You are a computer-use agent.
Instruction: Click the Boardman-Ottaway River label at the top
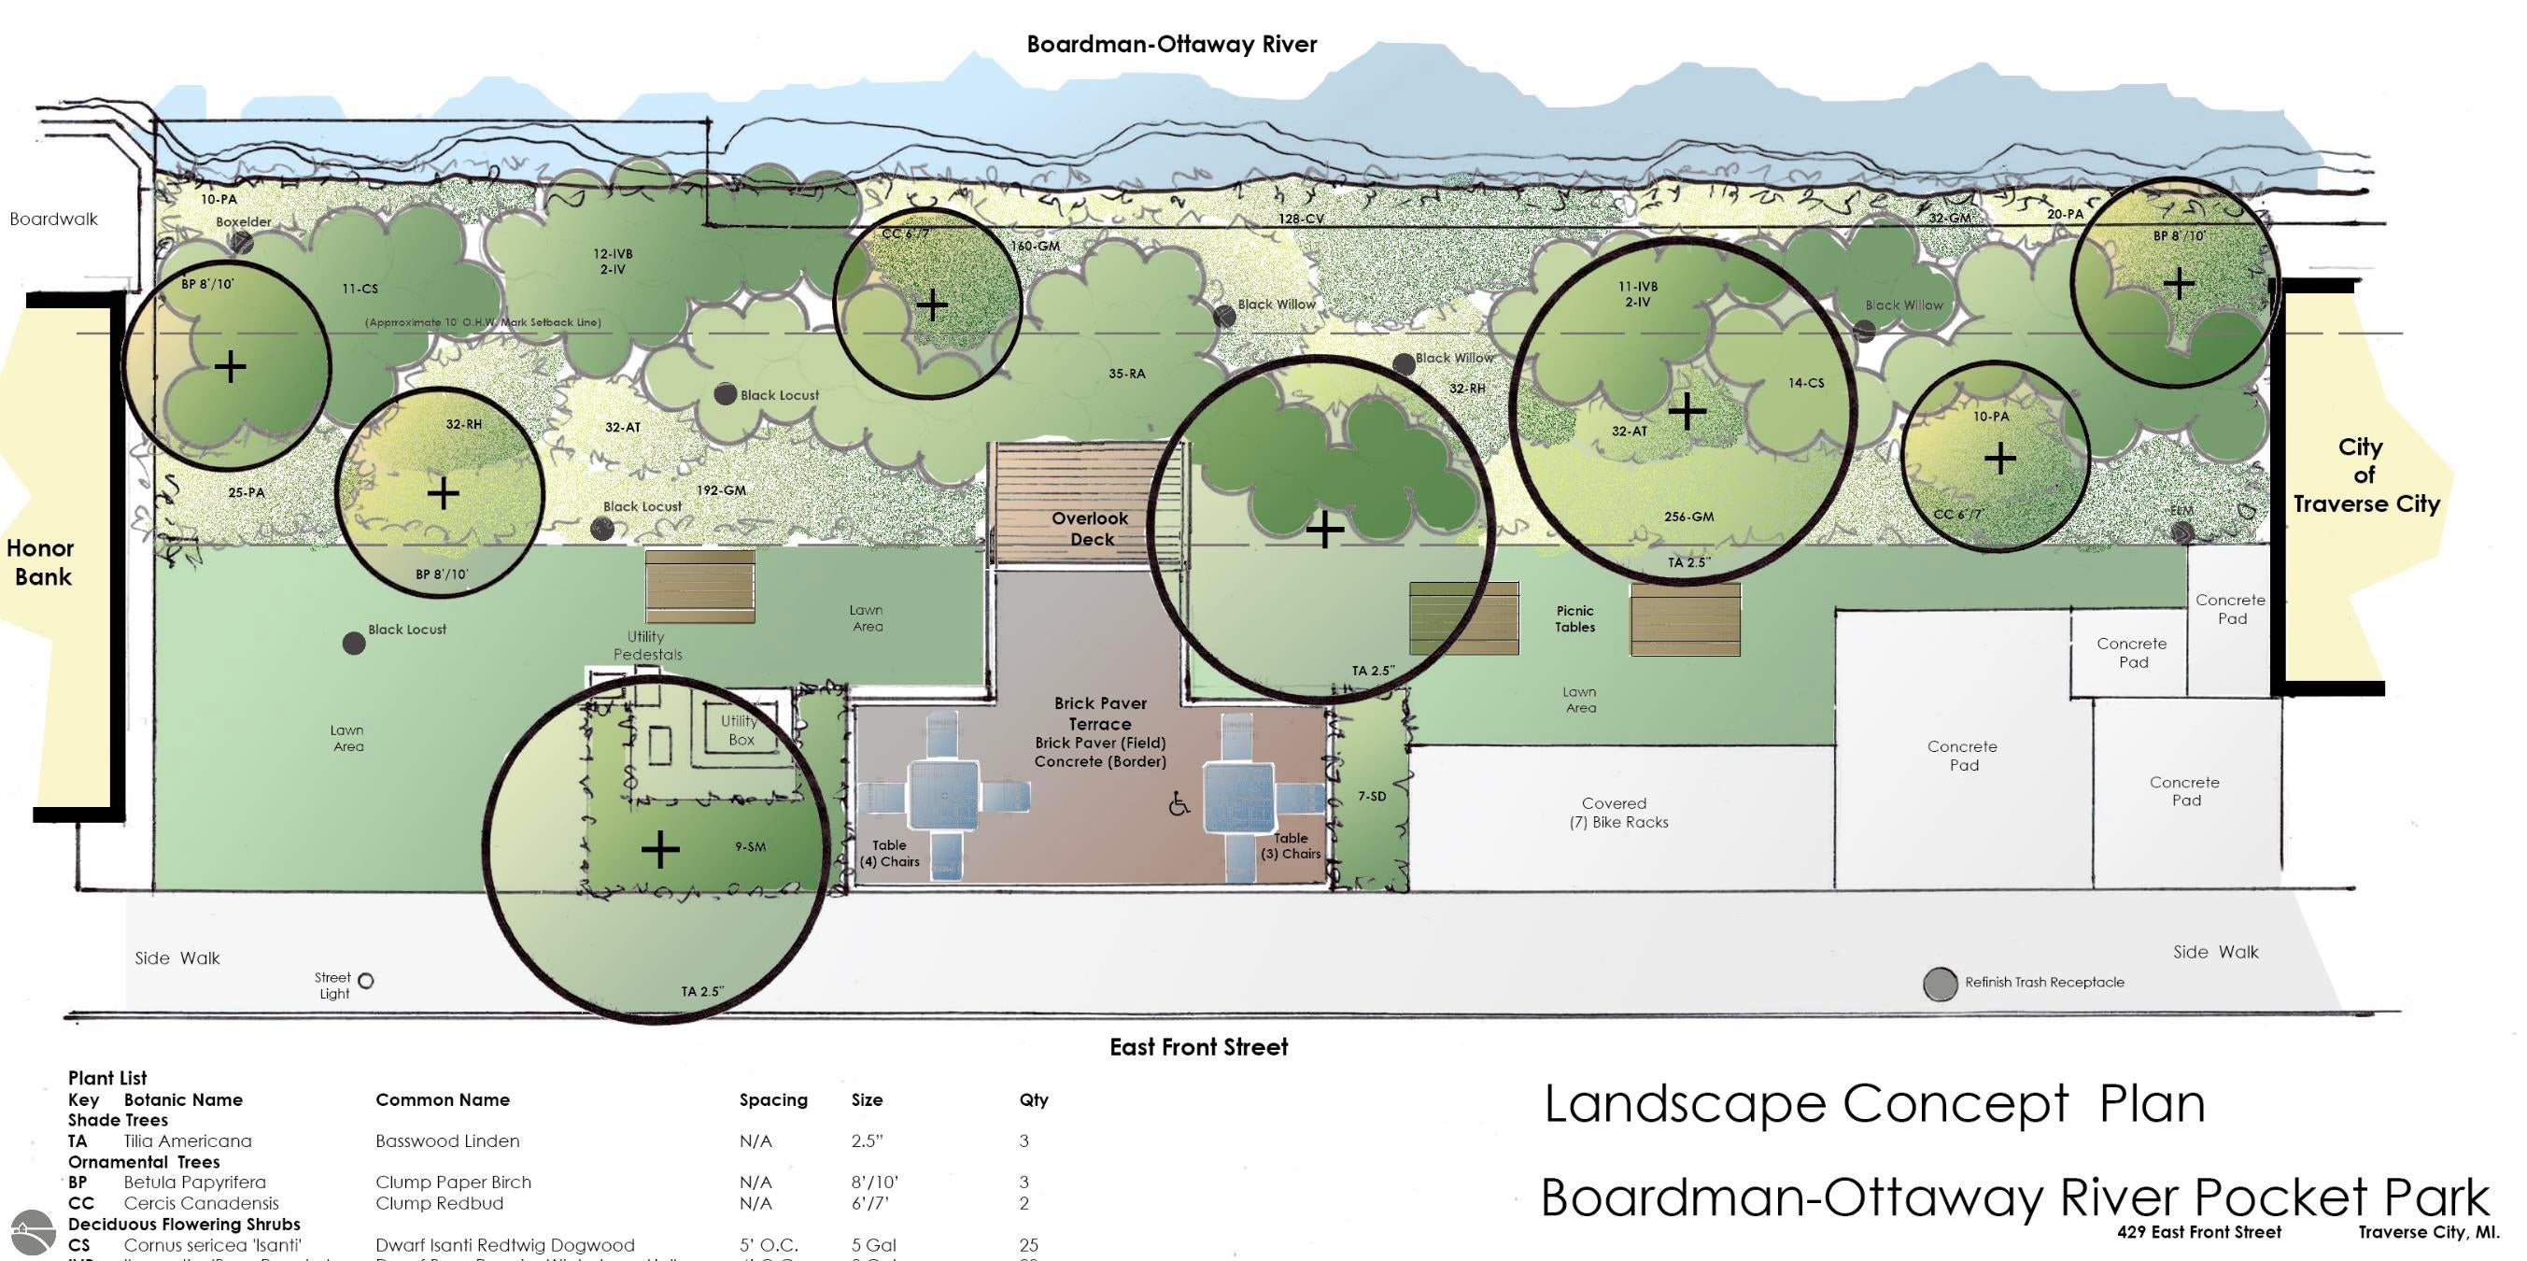1171,44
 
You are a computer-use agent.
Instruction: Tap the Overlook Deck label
1090,528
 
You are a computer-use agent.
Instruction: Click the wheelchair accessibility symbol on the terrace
1179,804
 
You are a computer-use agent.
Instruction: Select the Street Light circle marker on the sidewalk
366,981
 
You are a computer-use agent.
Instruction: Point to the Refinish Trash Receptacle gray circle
1940,985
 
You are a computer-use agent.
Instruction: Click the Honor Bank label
41,562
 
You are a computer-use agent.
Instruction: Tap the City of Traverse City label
2365,475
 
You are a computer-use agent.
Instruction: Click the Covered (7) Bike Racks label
1616,813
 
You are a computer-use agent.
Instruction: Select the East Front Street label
1198,1047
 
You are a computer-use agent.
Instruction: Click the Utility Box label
740,730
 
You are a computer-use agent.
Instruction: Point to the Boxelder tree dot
242,241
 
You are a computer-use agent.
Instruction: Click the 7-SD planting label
1372,796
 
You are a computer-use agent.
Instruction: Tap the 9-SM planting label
751,846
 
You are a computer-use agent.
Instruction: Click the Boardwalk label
54,219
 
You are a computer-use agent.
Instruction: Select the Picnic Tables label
1574,618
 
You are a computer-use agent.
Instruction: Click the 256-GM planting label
1688,517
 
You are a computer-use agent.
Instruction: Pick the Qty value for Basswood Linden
1024,1141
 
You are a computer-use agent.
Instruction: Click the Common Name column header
443,1099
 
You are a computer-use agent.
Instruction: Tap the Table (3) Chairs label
1291,846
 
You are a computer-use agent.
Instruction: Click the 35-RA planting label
1126,373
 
